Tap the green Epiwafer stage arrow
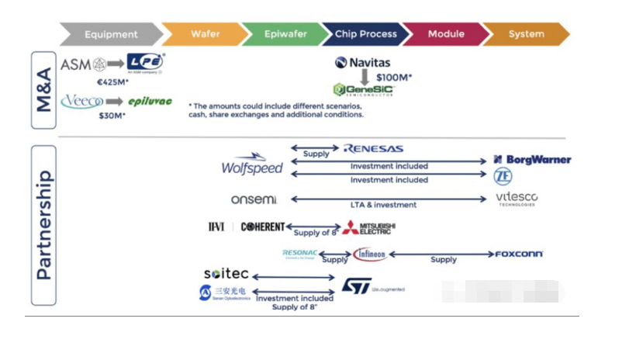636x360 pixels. coord(283,34)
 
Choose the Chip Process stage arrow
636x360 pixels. coord(365,34)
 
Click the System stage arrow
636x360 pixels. coord(526,34)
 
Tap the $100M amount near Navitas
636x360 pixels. coord(393,78)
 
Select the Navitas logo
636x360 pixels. coord(363,62)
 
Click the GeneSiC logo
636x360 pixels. coord(363,90)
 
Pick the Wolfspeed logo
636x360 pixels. coord(252,164)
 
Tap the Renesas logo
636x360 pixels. coord(373,148)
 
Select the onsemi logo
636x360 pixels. coord(254,199)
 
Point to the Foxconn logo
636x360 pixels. coord(519,254)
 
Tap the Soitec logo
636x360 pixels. coord(226,274)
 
